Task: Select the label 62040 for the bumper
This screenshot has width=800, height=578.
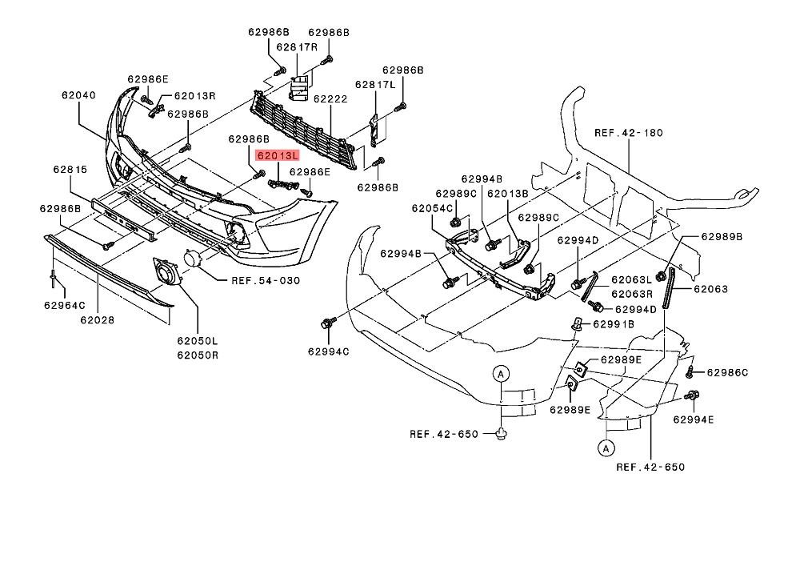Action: click(x=78, y=94)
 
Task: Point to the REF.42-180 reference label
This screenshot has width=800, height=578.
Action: click(x=629, y=132)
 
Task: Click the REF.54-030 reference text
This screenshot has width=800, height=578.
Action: click(x=265, y=280)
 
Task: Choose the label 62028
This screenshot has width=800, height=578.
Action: click(x=97, y=320)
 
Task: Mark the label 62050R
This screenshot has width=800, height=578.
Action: click(x=198, y=355)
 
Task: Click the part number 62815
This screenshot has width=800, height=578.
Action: click(x=70, y=170)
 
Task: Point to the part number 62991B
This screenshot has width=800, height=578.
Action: click(x=613, y=324)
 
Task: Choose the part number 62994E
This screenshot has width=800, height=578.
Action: click(x=694, y=419)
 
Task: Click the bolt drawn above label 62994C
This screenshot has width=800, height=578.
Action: click(x=326, y=323)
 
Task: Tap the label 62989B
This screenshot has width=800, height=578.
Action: click(x=722, y=237)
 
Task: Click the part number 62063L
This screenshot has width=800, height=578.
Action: click(x=632, y=280)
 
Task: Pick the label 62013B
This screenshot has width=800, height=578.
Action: click(x=508, y=193)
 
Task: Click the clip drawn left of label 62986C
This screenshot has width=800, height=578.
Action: click(x=692, y=372)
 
